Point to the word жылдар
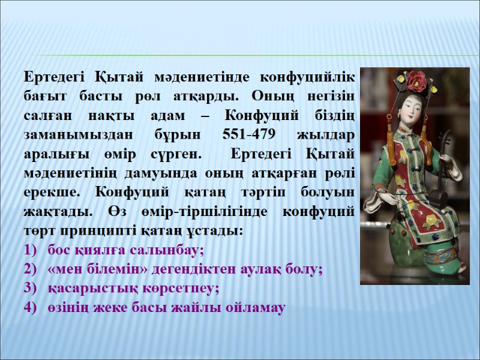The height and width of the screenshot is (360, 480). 329,134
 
